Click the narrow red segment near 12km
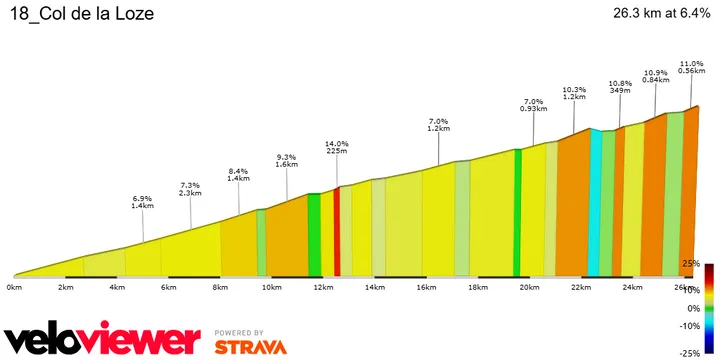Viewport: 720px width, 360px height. [337, 230]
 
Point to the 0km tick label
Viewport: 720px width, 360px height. [14, 287]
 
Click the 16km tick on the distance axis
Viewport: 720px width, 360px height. [426, 287]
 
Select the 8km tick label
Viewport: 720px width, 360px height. [220, 287]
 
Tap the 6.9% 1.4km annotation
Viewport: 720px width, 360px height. [142, 203]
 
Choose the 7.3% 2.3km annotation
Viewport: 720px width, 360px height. [190, 189]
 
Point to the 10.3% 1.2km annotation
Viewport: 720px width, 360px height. [574, 92]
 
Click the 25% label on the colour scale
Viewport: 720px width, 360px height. [689, 263]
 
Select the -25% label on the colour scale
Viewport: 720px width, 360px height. [688, 353]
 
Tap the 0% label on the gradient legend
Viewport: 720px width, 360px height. [692, 308]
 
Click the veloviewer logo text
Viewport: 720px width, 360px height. [101, 339]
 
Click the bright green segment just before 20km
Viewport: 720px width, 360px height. [517, 212]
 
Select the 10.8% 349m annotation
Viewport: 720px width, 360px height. [620, 86]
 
